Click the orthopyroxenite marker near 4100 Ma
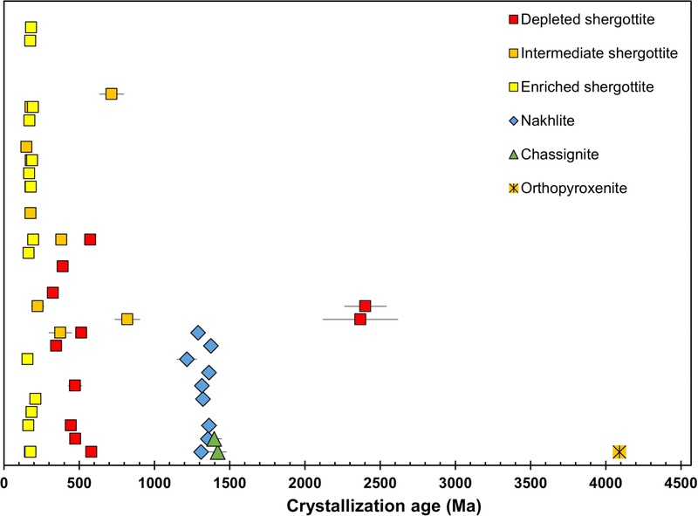click(x=619, y=451)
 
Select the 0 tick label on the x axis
click(x=5, y=482)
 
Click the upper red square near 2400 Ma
click(x=365, y=306)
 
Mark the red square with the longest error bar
click(x=359, y=319)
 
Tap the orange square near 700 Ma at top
click(x=111, y=93)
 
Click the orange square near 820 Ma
click(x=127, y=319)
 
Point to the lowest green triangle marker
click(x=217, y=452)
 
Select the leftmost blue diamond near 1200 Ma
click(x=187, y=359)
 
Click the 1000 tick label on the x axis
click(x=154, y=482)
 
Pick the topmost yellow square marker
click(x=31, y=27)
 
